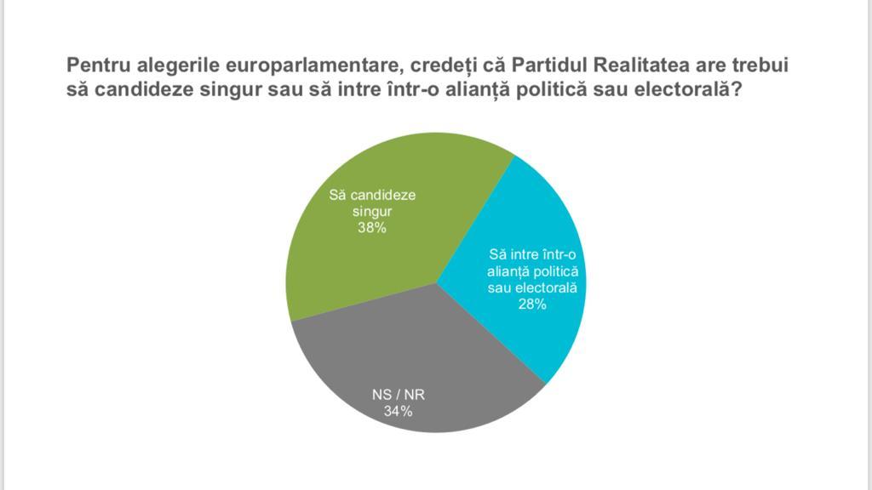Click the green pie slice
[383, 255]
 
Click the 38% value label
[372, 227]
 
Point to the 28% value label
[532, 304]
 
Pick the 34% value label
[398, 412]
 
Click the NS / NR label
[398, 396]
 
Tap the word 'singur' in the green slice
[372, 211]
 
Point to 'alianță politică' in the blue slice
[532, 271]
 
